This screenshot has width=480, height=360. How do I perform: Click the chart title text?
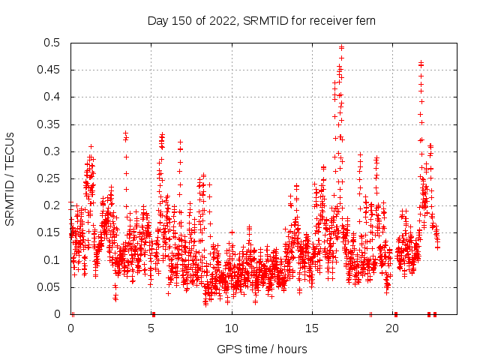(x=262, y=21)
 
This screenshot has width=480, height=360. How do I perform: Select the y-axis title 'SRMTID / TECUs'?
(x=10, y=178)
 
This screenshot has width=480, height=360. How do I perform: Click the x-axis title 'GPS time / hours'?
(x=262, y=349)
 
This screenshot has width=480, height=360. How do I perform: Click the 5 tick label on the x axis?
(x=151, y=328)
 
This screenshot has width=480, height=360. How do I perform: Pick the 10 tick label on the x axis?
(x=232, y=328)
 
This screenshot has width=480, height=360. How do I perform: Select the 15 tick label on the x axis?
(x=312, y=328)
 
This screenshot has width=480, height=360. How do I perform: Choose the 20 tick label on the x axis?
(x=392, y=328)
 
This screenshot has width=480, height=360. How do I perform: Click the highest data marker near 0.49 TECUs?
(x=341, y=47)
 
